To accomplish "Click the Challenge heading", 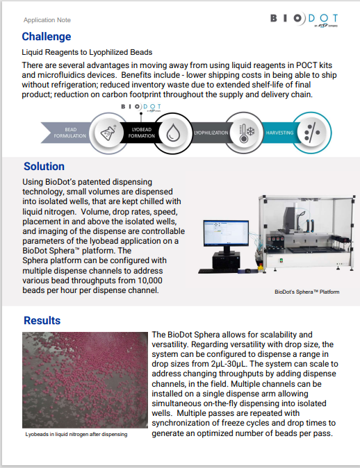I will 46,37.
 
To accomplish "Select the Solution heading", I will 44,167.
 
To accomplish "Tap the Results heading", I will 42,321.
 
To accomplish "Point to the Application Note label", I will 47,20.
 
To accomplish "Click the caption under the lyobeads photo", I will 76,434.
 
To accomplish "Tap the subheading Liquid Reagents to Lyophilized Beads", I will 87,52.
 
